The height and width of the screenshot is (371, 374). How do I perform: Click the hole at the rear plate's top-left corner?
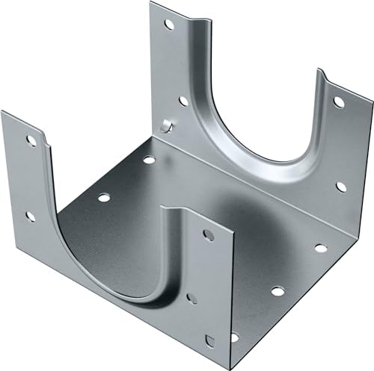(x=170, y=25)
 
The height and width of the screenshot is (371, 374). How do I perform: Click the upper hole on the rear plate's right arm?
(x=338, y=102)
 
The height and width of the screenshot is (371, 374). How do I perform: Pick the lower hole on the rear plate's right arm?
(x=341, y=186)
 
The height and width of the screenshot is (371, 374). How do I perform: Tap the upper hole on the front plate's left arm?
(x=31, y=139)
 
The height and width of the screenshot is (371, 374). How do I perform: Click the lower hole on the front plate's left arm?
(x=30, y=216)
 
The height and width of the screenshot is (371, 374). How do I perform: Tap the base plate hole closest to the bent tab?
(x=149, y=160)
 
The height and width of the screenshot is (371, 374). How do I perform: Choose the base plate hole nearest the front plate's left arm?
(x=103, y=198)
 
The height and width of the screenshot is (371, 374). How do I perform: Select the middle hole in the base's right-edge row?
(x=276, y=291)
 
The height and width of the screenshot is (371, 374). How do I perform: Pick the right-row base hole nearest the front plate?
(x=234, y=337)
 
